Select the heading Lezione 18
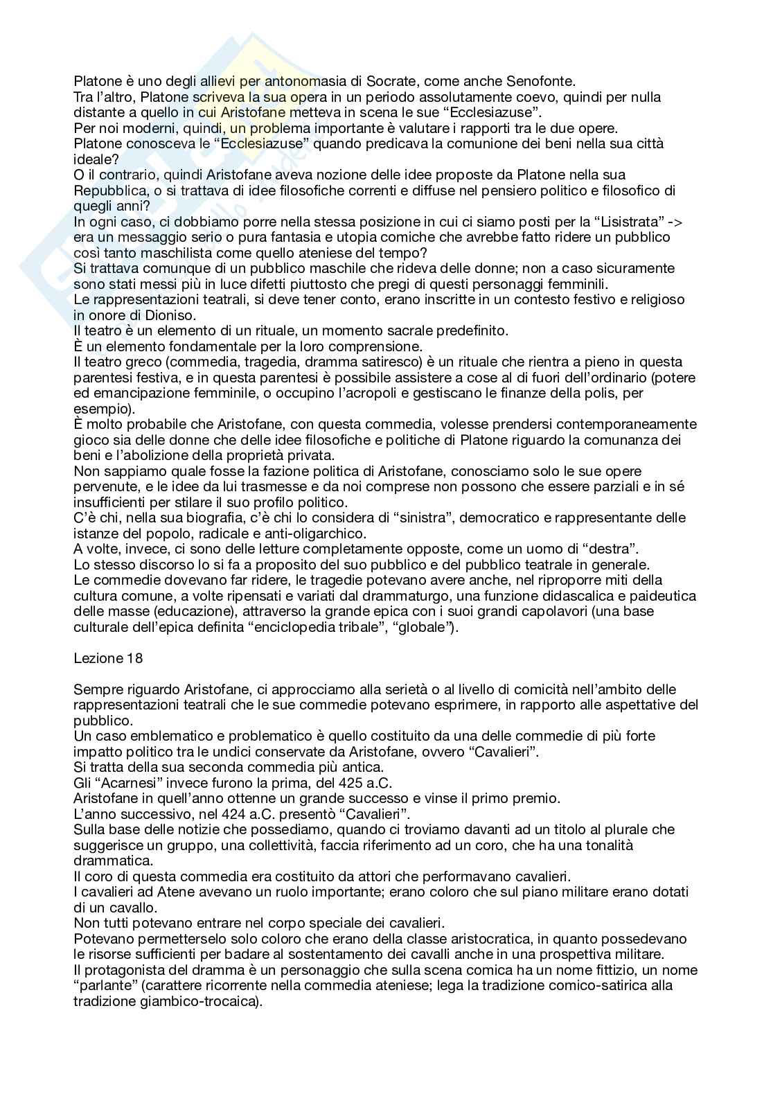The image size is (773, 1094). click(108, 658)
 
